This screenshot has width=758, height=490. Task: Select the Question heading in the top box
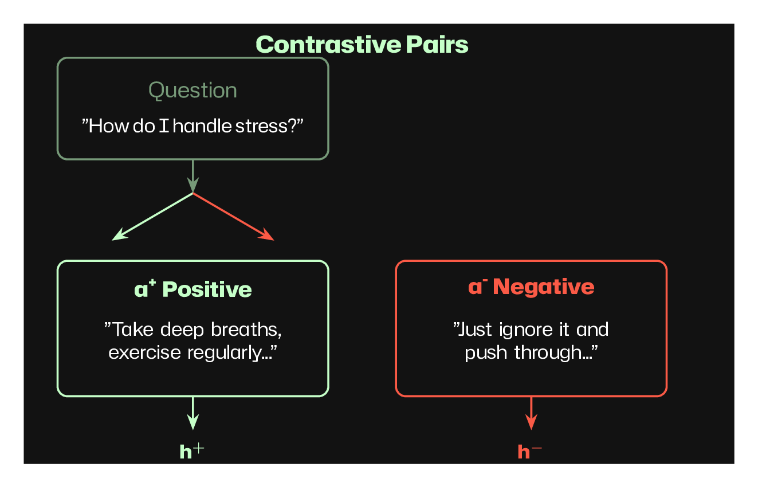click(193, 91)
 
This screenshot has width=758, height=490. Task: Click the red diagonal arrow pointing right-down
click(234, 217)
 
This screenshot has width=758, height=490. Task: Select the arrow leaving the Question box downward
click(193, 176)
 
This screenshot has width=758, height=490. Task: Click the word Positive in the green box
click(207, 289)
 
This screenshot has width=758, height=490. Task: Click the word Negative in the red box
click(544, 287)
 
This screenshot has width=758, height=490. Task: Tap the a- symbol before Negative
click(477, 286)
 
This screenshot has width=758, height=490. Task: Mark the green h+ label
click(191, 452)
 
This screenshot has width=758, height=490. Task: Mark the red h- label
click(529, 452)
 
